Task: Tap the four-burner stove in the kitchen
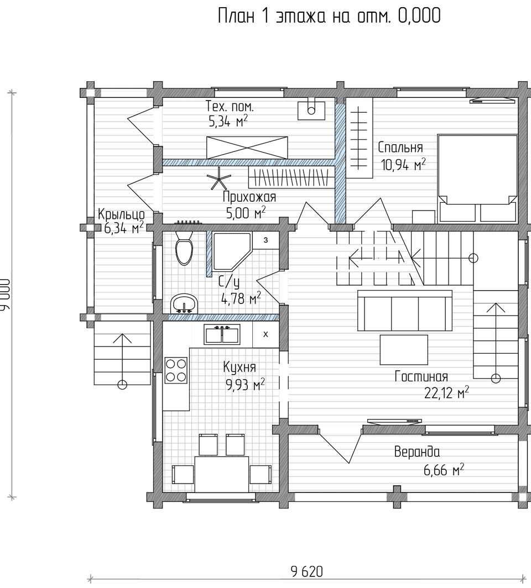click(176, 370)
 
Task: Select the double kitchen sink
click(222, 334)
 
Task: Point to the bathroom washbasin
click(184, 303)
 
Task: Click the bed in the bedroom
click(477, 178)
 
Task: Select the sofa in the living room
click(404, 310)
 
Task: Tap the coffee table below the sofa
click(404, 349)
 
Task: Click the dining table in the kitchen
click(222, 474)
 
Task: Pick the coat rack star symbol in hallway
click(220, 178)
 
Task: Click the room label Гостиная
click(421, 376)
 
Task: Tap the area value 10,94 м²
click(403, 164)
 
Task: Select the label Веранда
click(417, 452)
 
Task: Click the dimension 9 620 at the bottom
click(306, 571)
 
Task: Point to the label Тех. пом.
click(230, 107)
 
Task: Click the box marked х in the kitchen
click(265, 334)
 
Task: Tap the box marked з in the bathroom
click(265, 240)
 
